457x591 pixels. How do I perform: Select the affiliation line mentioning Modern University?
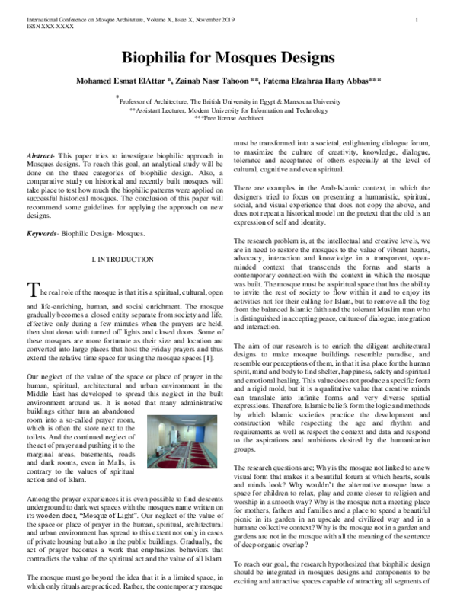[x=229, y=110]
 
